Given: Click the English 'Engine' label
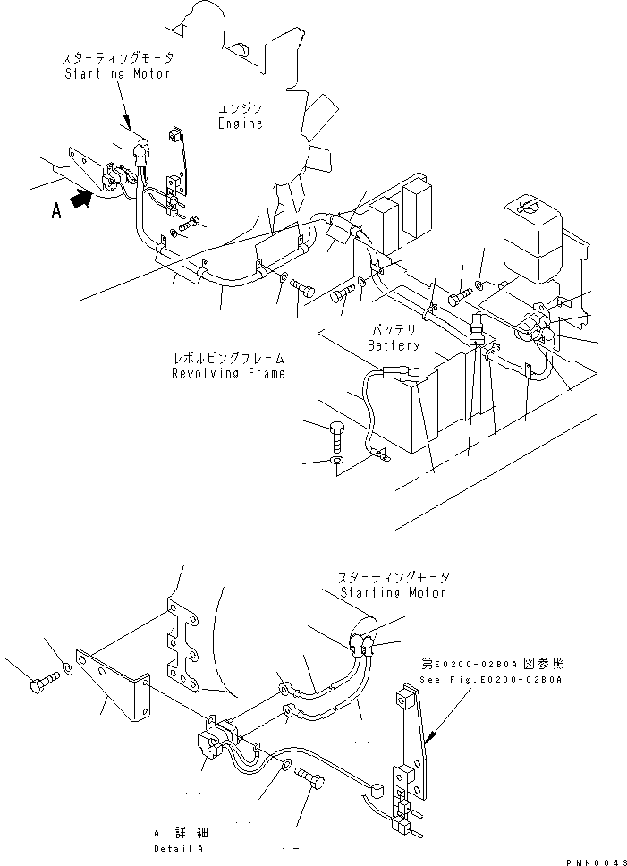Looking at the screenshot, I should click(x=240, y=123).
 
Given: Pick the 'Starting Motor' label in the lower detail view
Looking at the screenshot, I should click(x=393, y=592).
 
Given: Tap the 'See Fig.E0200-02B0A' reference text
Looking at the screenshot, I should click(x=491, y=680).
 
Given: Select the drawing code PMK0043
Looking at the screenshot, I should click(x=592, y=860).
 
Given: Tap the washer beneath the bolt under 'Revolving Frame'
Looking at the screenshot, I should click(x=336, y=462).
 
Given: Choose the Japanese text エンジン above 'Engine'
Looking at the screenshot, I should click(x=240, y=108).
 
